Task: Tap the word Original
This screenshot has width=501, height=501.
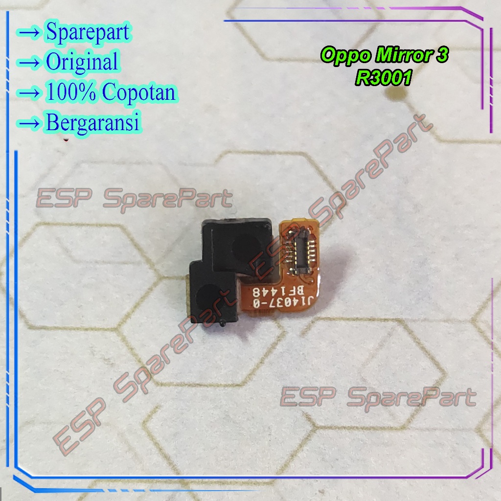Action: (82, 61)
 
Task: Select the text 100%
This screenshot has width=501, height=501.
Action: (71, 91)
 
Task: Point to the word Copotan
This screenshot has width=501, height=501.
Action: (139, 92)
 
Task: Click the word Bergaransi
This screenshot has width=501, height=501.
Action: (93, 122)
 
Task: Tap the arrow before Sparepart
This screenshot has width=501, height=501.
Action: (29, 33)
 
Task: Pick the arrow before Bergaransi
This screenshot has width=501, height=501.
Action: (29, 123)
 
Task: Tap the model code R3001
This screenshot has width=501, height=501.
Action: (384, 78)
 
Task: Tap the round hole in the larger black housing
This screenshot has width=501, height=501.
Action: (245, 247)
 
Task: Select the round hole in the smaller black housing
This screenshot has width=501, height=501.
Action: (207, 296)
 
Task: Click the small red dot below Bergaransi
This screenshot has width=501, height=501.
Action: (66, 139)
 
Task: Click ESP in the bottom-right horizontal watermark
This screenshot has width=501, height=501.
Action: (308, 396)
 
